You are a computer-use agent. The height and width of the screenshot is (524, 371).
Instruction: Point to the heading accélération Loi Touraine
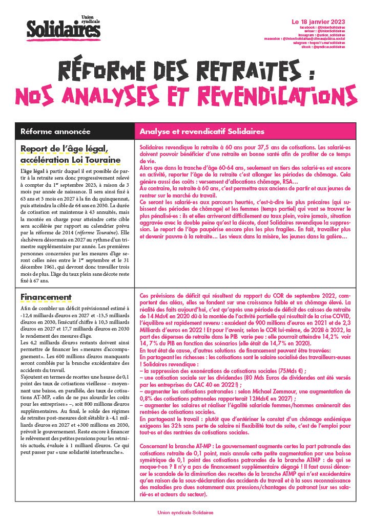click(71, 160)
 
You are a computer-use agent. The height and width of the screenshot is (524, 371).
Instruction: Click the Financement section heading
click(46, 297)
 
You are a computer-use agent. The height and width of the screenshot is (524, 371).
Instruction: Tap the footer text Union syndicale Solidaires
click(185, 512)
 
